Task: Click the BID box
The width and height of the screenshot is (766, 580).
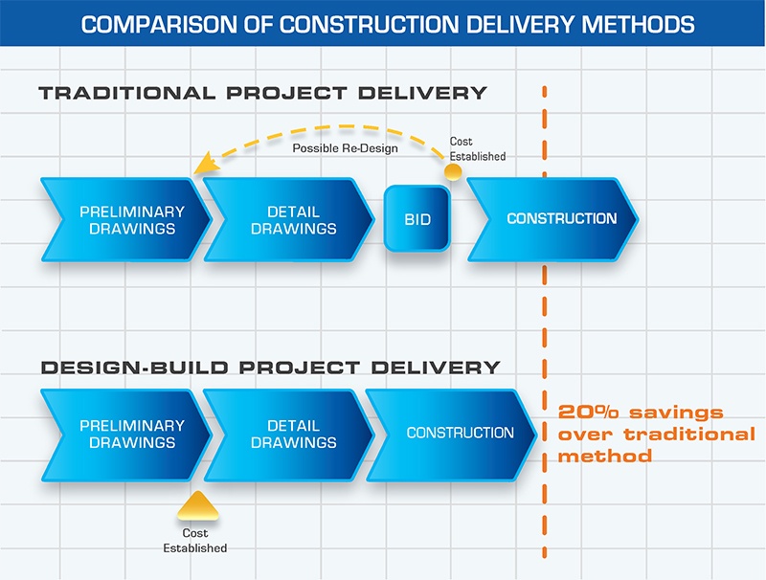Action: tap(417, 219)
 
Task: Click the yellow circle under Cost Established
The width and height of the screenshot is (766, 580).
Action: tap(453, 172)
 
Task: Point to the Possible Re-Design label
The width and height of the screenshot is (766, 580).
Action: tap(346, 149)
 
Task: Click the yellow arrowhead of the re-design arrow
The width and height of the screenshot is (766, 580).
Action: tap(200, 169)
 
